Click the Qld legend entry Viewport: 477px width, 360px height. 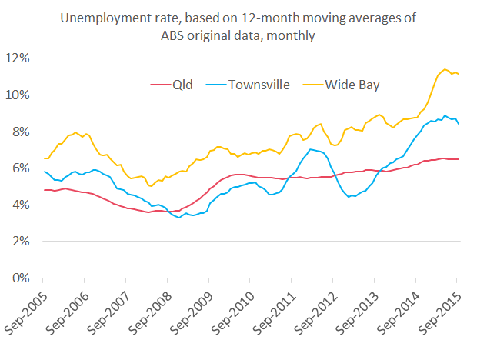click(183, 84)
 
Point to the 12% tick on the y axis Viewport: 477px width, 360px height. click(22, 58)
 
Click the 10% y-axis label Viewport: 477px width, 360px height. click(22, 95)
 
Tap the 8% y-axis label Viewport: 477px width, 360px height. click(24, 132)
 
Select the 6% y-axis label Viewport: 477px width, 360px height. click(24, 168)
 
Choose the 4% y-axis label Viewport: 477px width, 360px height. click(24, 205)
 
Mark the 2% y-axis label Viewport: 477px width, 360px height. click(24, 242)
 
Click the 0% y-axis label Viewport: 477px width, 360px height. click(24, 278)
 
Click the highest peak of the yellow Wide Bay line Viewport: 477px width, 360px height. click(445, 69)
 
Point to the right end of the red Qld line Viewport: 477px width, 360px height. click(459, 159)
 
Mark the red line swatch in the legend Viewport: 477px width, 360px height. click(159, 85)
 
